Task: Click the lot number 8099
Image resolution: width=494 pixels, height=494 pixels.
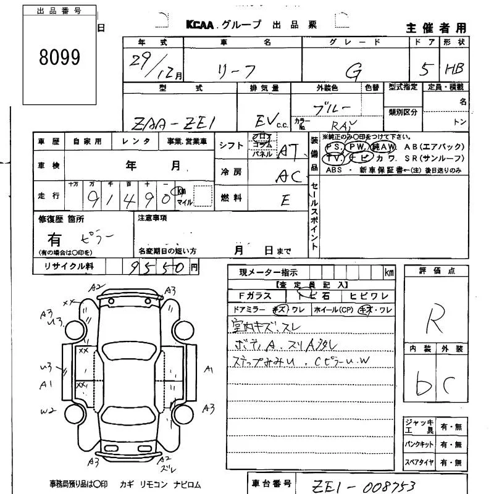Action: pyautogui.click(x=60, y=57)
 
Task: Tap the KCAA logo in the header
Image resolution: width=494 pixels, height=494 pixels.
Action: pyautogui.click(x=207, y=25)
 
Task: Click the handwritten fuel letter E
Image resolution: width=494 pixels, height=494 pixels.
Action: pyautogui.click(x=285, y=199)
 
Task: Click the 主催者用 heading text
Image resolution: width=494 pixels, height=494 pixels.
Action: pyautogui.click(x=436, y=28)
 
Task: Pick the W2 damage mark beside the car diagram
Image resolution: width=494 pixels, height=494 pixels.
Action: pyautogui.click(x=48, y=410)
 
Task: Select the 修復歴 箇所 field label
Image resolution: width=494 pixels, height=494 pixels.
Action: pyautogui.click(x=61, y=219)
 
